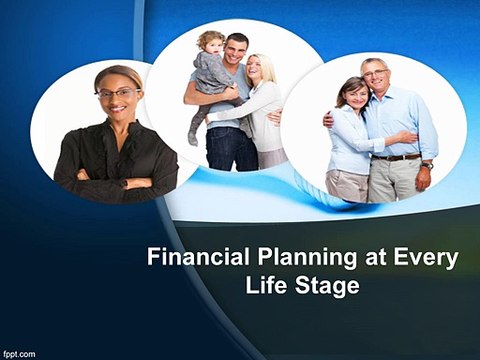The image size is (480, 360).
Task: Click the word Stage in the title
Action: tap(327, 287)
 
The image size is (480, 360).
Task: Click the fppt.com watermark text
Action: tap(19, 353)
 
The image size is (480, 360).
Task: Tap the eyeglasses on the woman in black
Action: tap(118, 93)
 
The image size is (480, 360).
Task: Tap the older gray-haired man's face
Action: tap(376, 76)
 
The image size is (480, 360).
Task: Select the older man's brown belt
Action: tap(396, 157)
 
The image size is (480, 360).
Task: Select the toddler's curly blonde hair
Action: tap(211, 39)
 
